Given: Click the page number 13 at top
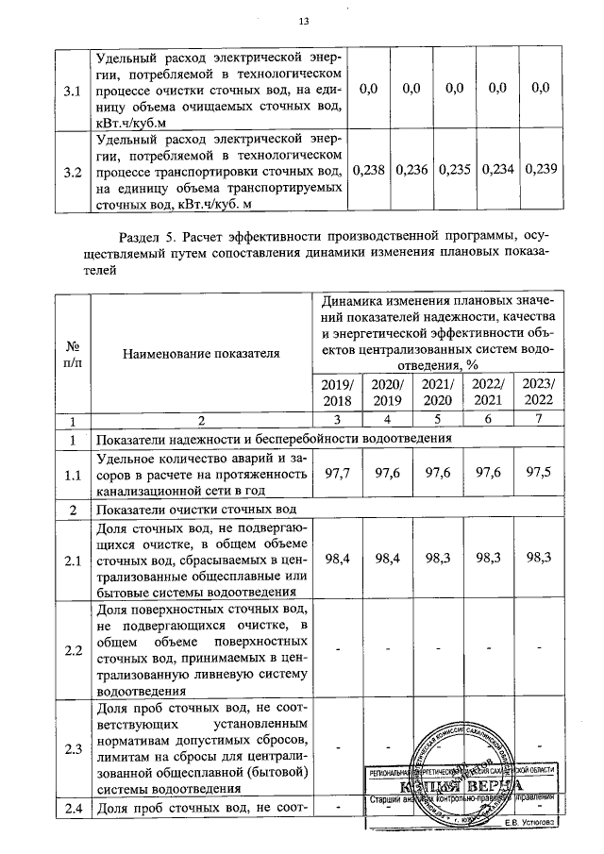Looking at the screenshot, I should [303, 22].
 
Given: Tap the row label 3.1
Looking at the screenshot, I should [71, 91].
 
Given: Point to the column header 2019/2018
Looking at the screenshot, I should [337, 393].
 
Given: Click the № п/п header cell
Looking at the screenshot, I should [71, 353].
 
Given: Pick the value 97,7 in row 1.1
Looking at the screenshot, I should [337, 475].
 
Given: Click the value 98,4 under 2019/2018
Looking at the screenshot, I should [337, 561].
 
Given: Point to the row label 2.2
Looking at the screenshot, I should [71, 651].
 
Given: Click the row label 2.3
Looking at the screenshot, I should [71, 749].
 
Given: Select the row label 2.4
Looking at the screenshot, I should [71, 809].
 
